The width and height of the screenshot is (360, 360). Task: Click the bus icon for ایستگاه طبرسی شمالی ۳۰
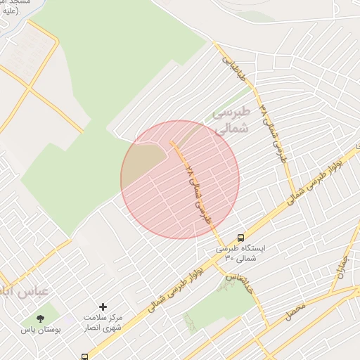click(241, 238)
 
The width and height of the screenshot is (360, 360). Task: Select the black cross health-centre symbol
click(103, 307)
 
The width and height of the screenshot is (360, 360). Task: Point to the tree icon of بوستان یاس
click(40, 318)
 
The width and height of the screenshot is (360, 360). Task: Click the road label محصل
click(296, 311)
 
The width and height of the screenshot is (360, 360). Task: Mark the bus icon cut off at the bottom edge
click(85, 356)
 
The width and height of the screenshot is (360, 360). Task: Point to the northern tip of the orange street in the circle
click(171, 141)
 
